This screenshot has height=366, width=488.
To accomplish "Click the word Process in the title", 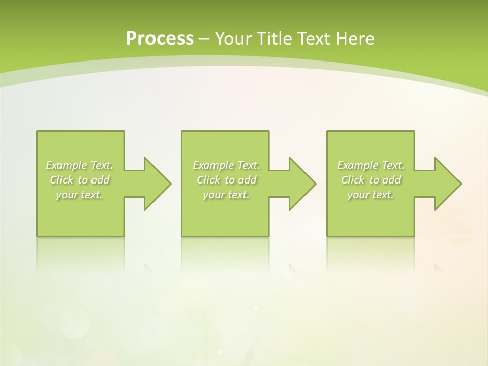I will click(160, 39).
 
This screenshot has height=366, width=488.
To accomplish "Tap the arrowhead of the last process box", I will click(447, 184).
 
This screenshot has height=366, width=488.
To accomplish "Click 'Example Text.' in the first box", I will click(80, 165).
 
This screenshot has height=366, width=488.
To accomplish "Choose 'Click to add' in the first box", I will click(80, 180).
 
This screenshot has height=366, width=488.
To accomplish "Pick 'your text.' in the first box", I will click(80, 195).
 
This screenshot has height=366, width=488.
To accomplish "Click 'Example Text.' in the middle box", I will click(226, 165).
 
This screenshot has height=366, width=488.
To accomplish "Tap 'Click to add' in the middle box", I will click(226, 180).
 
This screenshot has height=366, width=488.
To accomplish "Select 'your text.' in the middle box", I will click(226, 195).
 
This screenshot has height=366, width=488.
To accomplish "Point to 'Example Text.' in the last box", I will click(371, 165).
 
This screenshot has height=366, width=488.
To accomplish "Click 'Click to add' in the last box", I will click(371, 180).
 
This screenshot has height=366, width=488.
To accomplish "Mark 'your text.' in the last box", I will click(371, 195).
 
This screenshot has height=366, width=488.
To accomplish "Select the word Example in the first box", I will click(67, 165).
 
